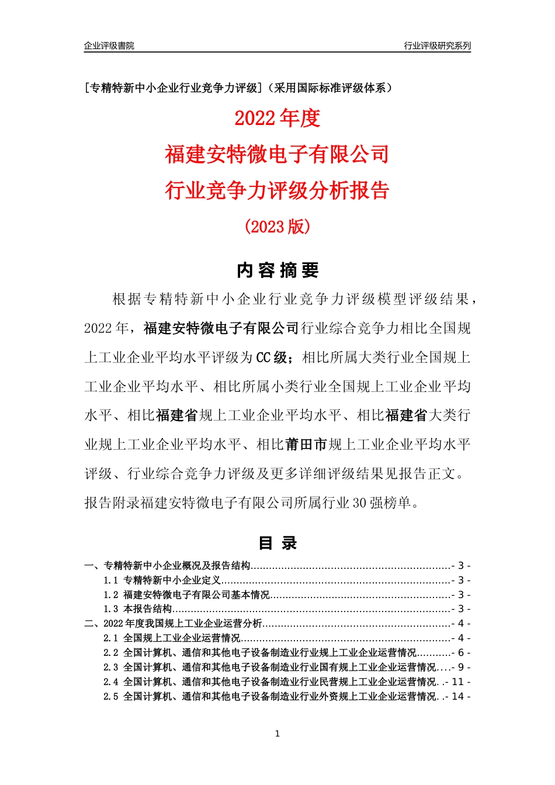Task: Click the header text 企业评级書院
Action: click(x=109, y=46)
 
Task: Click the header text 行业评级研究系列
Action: click(x=437, y=46)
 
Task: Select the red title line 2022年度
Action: click(x=277, y=118)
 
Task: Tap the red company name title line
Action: click(x=277, y=154)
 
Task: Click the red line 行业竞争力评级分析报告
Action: click(x=277, y=190)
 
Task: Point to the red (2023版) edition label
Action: click(x=277, y=227)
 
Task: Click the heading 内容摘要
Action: click(x=277, y=270)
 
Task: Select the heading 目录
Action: click(x=277, y=543)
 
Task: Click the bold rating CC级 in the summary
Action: click(x=272, y=357)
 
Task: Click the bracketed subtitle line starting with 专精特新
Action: click(x=238, y=88)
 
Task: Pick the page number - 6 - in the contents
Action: click(x=461, y=653)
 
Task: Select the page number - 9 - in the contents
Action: click(x=461, y=667)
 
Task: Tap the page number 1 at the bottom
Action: click(x=277, y=734)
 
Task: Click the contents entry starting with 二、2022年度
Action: click(x=174, y=624)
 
